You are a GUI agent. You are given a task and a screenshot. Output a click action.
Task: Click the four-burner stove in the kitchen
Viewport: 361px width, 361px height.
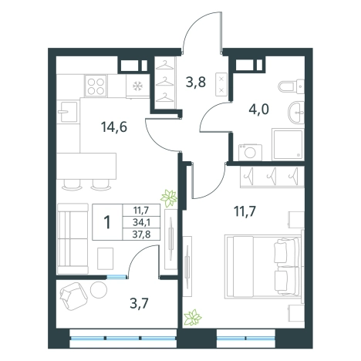pos(96,86)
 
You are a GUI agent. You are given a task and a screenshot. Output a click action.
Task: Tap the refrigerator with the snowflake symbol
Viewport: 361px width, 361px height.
pos(137,86)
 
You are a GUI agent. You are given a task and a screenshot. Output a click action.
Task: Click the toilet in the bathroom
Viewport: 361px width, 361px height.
pos(292,86)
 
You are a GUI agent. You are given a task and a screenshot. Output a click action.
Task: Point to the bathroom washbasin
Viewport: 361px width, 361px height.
pos(296,113)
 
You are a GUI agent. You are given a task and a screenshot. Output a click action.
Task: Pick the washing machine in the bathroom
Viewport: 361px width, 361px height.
pos(250,153)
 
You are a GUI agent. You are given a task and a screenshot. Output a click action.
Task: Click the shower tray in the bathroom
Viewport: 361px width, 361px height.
pos(288,145)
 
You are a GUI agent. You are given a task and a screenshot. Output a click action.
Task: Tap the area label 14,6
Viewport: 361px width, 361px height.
pos(114,127)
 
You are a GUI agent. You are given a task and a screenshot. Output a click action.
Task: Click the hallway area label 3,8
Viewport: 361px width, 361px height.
pos(196,83)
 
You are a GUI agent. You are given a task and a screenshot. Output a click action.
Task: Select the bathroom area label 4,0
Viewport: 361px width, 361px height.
pos(258,110)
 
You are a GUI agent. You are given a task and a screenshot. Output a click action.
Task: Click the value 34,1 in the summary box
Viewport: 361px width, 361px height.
pos(142,222)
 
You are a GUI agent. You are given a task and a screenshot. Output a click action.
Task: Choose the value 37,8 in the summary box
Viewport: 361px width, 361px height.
pos(142,234)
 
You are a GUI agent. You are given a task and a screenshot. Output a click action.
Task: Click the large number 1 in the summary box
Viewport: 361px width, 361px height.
pos(107,222)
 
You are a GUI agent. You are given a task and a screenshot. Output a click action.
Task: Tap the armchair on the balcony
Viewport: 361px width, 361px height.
pos(73,295)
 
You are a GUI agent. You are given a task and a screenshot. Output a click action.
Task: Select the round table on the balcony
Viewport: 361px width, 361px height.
pos(99,289)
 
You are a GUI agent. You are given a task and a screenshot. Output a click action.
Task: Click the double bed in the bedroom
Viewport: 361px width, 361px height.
pos(262,266)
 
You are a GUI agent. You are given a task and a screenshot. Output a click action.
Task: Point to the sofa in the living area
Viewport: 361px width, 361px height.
pos(73,239)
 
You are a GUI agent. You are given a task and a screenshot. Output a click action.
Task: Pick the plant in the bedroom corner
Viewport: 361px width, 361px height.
pos(193,318)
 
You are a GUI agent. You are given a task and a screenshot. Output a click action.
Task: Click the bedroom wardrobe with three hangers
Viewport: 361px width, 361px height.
pos(272,177)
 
